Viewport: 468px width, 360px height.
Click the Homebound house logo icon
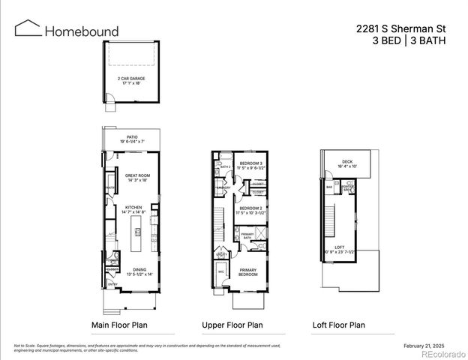pos(28,29)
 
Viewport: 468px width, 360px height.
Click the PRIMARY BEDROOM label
pos(247,272)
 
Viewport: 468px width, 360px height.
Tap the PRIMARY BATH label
pos(247,235)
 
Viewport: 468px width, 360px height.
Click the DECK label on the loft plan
pos(347,162)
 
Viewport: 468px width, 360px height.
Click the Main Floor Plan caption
pos(119,325)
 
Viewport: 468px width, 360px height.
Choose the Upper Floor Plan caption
pos(232,325)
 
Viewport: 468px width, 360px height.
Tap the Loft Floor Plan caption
pos(339,325)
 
